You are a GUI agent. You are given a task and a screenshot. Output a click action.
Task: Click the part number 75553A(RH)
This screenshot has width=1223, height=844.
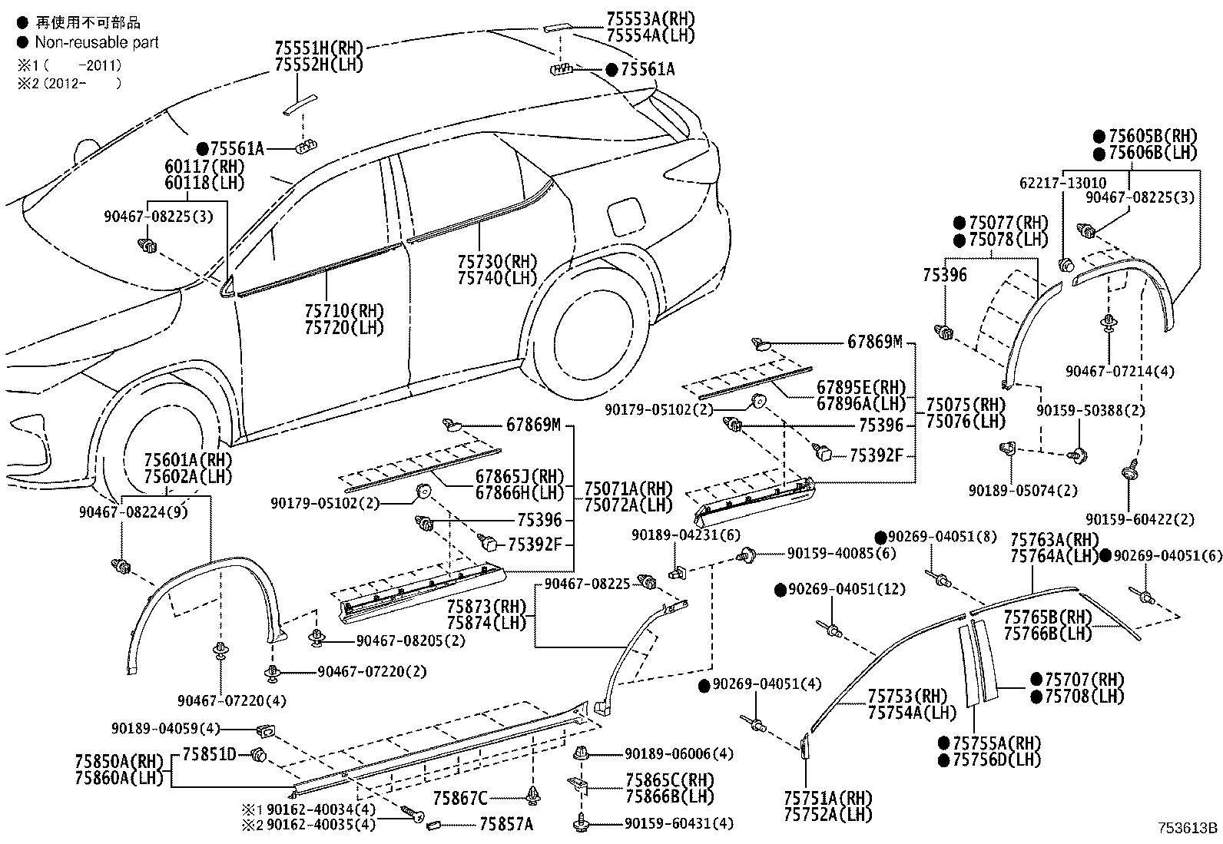tap(650, 18)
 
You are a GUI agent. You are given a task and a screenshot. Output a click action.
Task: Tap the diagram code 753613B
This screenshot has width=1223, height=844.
tap(1188, 828)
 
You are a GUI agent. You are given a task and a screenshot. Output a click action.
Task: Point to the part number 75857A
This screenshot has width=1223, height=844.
tap(506, 824)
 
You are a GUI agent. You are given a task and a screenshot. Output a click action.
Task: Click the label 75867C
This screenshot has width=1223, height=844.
tap(460, 799)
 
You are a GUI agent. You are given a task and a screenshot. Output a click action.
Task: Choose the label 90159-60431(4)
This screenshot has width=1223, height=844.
tap(678, 823)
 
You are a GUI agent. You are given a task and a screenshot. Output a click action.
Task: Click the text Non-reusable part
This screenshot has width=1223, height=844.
tap(97, 42)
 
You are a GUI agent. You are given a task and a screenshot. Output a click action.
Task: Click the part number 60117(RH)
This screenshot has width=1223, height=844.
tap(204, 166)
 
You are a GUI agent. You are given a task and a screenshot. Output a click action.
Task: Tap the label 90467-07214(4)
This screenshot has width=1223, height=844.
tap(1120, 371)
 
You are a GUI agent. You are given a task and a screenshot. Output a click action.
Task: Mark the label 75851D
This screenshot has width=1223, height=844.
tap(209, 753)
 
